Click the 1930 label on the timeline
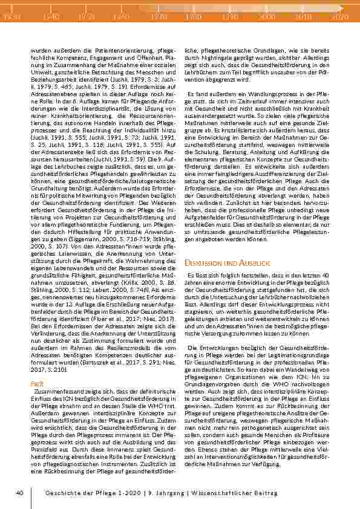12,18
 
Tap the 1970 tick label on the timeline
159,18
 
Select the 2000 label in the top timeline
266,18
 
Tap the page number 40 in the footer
20,493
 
